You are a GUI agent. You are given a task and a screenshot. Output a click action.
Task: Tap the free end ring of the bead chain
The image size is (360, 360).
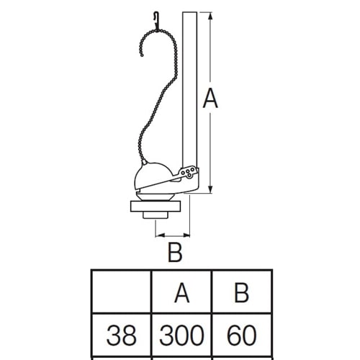[x=142, y=55]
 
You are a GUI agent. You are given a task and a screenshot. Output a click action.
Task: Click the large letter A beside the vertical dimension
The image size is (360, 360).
[x=210, y=98]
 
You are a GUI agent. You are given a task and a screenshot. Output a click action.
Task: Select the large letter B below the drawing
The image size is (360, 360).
[x=175, y=252]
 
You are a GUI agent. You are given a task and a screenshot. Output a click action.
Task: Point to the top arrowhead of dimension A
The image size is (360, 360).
[x=210, y=17]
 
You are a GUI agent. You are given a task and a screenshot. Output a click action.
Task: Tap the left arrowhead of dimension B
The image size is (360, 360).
[x=160, y=235]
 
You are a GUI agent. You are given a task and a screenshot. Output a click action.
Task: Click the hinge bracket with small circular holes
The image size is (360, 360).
[x=189, y=172]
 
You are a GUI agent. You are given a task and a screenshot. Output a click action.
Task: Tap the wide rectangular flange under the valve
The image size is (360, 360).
[x=156, y=207]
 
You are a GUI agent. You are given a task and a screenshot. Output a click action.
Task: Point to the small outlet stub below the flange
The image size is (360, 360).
[x=156, y=215]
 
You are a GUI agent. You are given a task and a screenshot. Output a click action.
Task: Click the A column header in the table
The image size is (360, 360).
[x=182, y=293]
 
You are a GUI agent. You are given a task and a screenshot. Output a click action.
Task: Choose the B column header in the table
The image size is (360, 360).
[x=241, y=293]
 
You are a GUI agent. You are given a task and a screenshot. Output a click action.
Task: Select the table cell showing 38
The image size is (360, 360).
[x=122, y=335]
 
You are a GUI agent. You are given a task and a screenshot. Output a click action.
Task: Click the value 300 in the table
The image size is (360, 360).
[x=181, y=335]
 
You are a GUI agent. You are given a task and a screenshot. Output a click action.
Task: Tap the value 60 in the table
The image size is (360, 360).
[x=242, y=335]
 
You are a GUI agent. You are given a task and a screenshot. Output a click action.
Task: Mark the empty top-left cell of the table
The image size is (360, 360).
[x=122, y=292]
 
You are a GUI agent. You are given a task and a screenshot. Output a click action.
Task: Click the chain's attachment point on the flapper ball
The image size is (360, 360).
[x=144, y=162]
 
